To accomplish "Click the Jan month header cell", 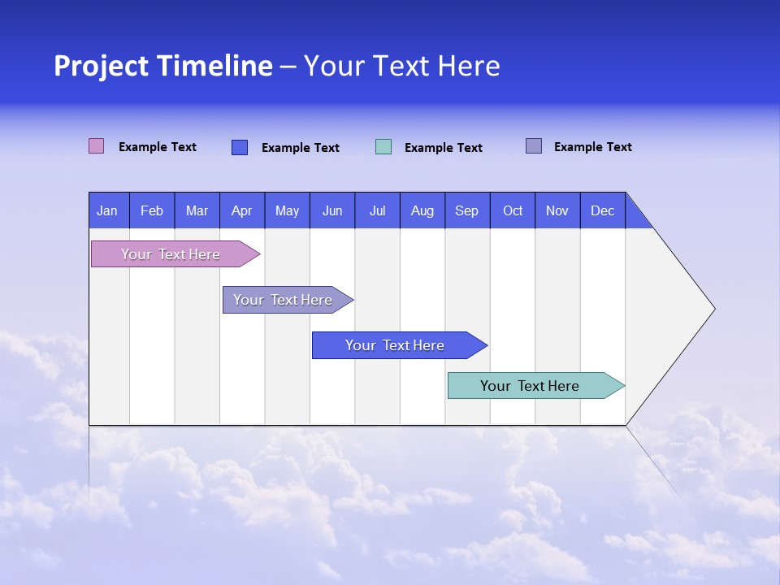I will click(x=108, y=210).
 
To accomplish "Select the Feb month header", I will click(x=152, y=210).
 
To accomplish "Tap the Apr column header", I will click(x=242, y=210).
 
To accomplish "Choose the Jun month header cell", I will click(x=332, y=210).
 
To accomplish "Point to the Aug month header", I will click(x=422, y=210).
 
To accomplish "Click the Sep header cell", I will click(x=467, y=210).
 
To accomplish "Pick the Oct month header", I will click(x=513, y=210).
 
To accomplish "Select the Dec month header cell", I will click(x=603, y=210).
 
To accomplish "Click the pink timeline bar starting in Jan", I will click(x=171, y=254).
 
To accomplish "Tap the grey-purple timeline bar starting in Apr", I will click(x=284, y=300).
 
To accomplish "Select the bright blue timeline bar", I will click(x=396, y=345).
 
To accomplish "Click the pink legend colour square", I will click(x=97, y=146).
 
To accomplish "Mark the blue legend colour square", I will click(x=240, y=147).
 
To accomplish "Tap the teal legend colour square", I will click(x=383, y=147).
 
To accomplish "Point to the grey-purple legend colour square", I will click(x=534, y=146).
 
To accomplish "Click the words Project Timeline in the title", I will click(x=163, y=66).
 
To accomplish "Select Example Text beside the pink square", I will click(x=158, y=147).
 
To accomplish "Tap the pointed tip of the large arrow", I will click(x=713, y=309).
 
